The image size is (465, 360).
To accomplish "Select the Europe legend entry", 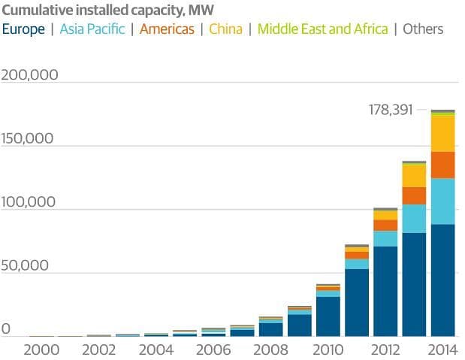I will [26, 29].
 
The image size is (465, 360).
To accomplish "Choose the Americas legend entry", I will [166, 29].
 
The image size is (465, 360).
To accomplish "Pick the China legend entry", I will [225, 29].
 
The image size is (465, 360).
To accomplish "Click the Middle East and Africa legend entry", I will [323, 29].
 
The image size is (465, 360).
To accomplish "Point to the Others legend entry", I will [423, 29].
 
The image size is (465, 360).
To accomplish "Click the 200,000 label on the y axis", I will [31, 76].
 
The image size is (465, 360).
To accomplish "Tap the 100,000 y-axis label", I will [31, 202].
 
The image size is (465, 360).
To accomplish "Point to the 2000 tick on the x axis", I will [41, 349].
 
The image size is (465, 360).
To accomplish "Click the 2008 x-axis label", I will [270, 349].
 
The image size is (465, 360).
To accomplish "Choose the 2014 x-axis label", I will [442, 349].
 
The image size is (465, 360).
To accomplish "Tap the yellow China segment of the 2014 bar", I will [442, 134].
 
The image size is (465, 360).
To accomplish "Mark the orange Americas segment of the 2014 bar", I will [442, 165].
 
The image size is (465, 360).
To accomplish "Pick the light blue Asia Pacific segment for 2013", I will [414, 219].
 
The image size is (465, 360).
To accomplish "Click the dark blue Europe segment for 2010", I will [328, 316].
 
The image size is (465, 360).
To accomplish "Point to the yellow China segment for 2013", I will [414, 175].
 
